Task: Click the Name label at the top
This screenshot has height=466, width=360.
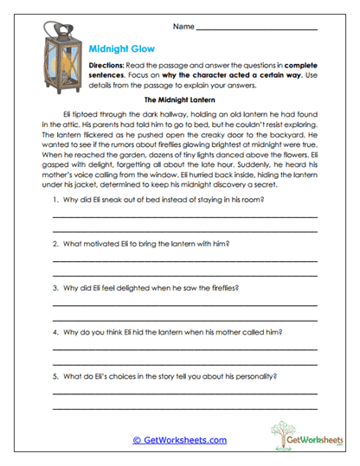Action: [x=183, y=28]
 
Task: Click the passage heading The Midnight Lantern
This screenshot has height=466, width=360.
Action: [x=178, y=100]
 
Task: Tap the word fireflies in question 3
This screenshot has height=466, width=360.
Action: [x=221, y=288]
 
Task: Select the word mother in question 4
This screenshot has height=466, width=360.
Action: [x=235, y=332]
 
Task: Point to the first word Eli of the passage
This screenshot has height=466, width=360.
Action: [x=69, y=114]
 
